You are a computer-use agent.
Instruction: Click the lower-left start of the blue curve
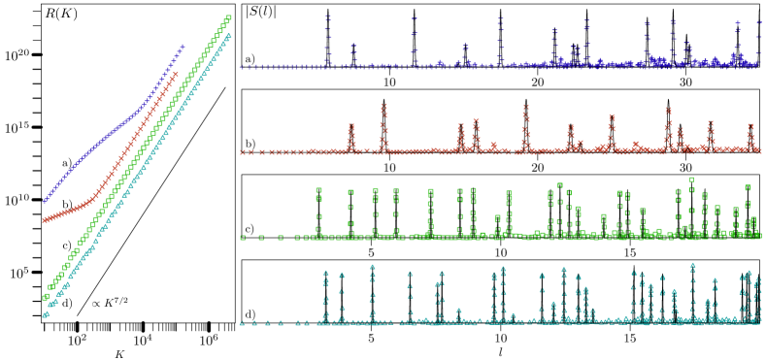[x=45, y=200]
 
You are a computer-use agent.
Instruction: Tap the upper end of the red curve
[x=176, y=74]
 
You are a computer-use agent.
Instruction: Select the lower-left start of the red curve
[x=44, y=220]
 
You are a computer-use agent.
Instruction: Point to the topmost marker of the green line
[x=228, y=17]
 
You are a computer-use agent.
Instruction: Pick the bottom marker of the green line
[x=45, y=297]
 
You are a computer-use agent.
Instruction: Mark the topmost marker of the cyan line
[x=228, y=36]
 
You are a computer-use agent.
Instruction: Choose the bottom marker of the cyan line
[x=45, y=314]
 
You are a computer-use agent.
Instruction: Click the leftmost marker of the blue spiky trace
[x=242, y=67]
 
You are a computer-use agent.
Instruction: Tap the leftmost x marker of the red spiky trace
[x=243, y=151]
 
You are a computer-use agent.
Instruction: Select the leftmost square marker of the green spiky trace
[x=243, y=237]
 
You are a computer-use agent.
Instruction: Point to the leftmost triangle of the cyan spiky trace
[x=243, y=322]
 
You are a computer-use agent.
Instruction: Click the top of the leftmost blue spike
[x=328, y=16]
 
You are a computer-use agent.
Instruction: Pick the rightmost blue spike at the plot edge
[x=758, y=22]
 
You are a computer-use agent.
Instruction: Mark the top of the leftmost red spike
[x=351, y=126]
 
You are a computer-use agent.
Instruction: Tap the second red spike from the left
[x=383, y=106]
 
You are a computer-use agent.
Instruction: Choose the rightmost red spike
[x=750, y=125]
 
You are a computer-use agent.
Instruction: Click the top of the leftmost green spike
[x=318, y=190]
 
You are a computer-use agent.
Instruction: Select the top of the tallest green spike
[x=691, y=179]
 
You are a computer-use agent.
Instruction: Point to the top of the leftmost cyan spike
[x=325, y=273]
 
